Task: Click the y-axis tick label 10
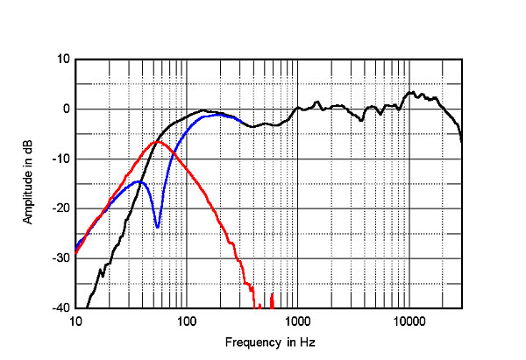click(63, 60)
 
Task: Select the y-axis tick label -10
click(61, 159)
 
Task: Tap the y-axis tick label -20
click(61, 209)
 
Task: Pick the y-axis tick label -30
click(61, 258)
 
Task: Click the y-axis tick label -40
click(61, 308)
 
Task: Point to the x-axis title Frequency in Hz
click(267, 342)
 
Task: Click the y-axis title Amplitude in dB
click(28, 184)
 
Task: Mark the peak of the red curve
click(156, 141)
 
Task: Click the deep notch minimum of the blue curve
click(158, 228)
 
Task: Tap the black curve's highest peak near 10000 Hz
click(412, 91)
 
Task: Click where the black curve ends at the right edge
click(461, 140)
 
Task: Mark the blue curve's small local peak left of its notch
click(139, 181)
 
